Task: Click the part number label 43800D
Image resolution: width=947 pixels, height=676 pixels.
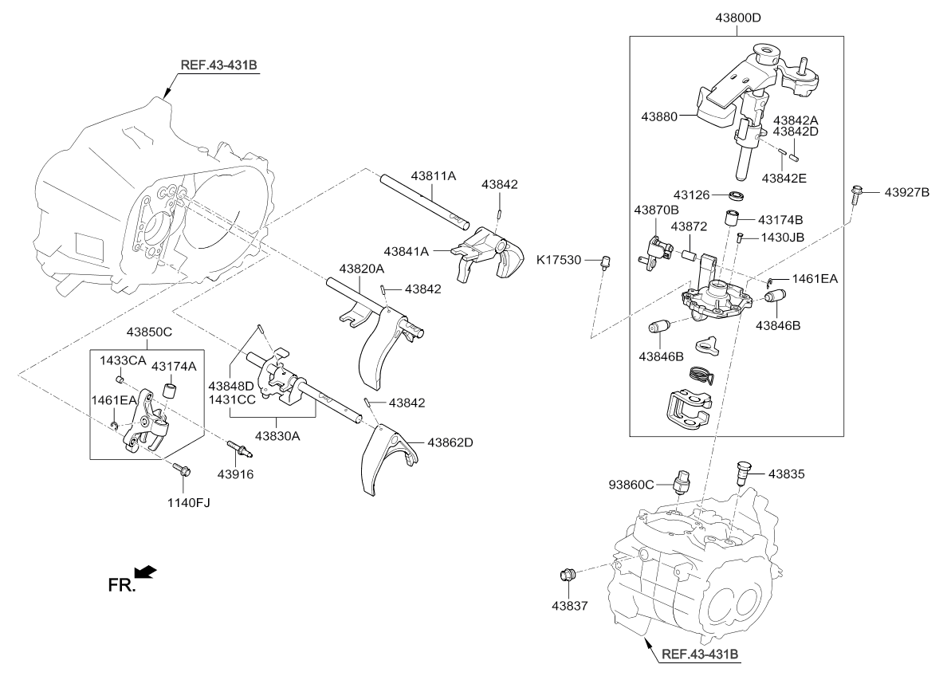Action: click(736, 17)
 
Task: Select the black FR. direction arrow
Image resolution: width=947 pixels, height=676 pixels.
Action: click(146, 572)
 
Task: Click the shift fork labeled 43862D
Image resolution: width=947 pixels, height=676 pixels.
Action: click(384, 461)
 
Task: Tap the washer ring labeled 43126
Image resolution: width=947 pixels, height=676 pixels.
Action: click(739, 195)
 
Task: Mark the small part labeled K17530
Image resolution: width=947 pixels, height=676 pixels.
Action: click(605, 261)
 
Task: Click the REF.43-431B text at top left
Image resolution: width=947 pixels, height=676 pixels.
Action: click(214, 64)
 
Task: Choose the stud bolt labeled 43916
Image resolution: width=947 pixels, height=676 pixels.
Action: click(238, 449)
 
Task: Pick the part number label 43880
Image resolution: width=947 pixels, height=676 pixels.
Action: click(659, 116)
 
